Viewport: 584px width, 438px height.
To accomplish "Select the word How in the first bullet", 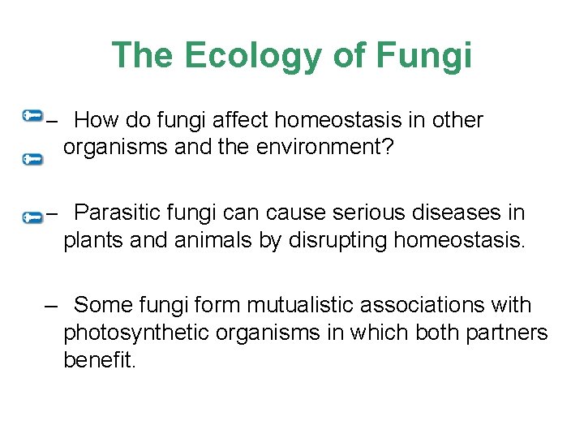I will pyautogui.click(x=101, y=121).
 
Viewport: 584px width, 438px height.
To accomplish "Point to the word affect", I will pyautogui.click(x=241, y=121).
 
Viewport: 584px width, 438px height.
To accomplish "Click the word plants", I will pyautogui.click(x=90, y=240).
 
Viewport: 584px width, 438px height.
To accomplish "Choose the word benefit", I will pyautogui.click(x=99, y=359).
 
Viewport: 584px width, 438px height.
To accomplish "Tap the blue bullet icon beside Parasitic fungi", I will pyautogui.click(x=32, y=217).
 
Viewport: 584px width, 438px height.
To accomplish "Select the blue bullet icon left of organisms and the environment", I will pyautogui.click(x=32, y=160).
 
